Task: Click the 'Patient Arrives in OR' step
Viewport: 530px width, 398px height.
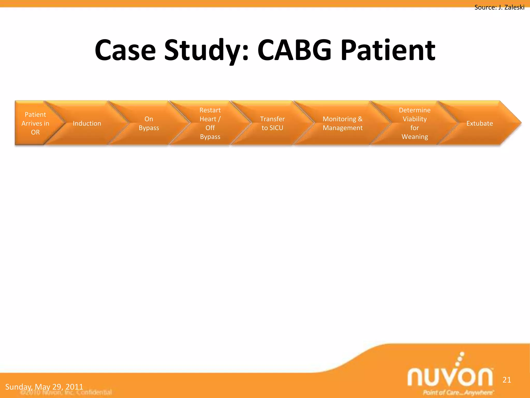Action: [x=35, y=123]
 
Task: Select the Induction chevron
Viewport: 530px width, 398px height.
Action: [x=87, y=123]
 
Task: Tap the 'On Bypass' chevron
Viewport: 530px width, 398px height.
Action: [x=149, y=123]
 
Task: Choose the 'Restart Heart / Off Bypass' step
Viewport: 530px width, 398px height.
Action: [x=210, y=123]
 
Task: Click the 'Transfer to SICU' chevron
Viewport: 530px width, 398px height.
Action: [x=272, y=123]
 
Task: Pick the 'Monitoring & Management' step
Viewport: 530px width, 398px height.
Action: [x=342, y=123]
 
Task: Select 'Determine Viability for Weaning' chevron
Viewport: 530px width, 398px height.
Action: [x=415, y=123]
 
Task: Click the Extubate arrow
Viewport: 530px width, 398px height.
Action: [x=480, y=123]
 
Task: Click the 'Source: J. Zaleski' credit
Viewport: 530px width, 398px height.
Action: [x=499, y=7]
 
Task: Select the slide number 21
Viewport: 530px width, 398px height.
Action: [x=507, y=380]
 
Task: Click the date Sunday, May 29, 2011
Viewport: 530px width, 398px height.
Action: [x=44, y=387]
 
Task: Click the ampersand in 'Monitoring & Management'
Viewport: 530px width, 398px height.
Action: [x=360, y=119]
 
